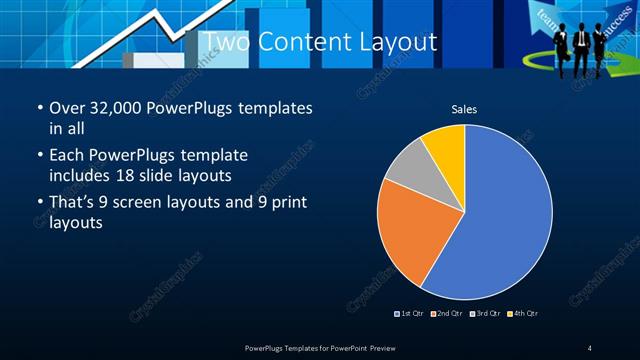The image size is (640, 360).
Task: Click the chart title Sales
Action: [464, 108]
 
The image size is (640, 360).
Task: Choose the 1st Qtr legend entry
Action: [411, 314]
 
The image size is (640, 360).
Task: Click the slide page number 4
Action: [590, 348]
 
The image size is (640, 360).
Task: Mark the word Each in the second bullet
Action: [66, 156]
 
